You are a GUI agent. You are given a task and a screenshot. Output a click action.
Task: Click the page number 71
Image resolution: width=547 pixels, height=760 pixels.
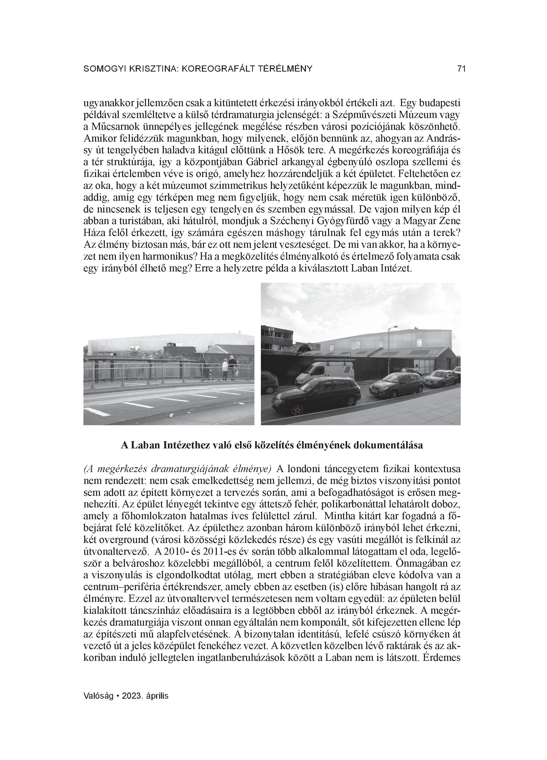[461, 69]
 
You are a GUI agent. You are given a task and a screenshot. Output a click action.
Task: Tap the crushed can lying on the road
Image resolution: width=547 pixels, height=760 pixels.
[171, 415]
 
